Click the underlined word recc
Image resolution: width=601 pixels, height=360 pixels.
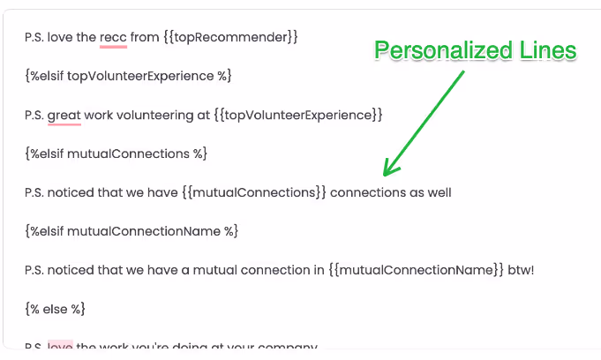tap(113, 37)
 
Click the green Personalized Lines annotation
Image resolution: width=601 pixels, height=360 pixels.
tap(475, 51)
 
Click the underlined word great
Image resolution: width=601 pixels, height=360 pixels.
tap(64, 115)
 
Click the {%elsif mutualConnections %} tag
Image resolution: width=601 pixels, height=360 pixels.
tap(116, 154)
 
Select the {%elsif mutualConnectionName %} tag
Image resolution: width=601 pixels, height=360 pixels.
tap(131, 231)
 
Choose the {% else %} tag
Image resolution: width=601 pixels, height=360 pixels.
tap(56, 309)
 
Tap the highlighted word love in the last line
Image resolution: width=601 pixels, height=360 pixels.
tap(60, 347)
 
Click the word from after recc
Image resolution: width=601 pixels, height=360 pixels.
tap(145, 37)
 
